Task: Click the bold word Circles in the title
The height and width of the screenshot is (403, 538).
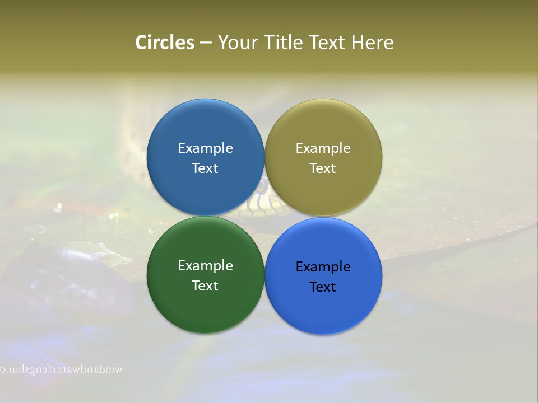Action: (164, 43)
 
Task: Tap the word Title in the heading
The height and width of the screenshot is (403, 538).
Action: (284, 43)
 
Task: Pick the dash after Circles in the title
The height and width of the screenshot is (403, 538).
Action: (206, 43)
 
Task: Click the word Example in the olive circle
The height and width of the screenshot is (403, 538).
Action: (323, 148)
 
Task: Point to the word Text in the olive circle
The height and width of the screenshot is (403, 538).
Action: (323, 168)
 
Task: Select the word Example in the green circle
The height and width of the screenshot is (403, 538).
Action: (205, 266)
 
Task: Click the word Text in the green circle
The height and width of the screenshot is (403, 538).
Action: (205, 286)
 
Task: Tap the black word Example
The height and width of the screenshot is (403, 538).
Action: (323, 267)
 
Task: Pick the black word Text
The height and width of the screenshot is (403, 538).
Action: (323, 287)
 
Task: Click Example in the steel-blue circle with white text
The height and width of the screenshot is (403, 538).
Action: (205, 148)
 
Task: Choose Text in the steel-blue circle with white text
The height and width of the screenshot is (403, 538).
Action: (205, 168)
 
